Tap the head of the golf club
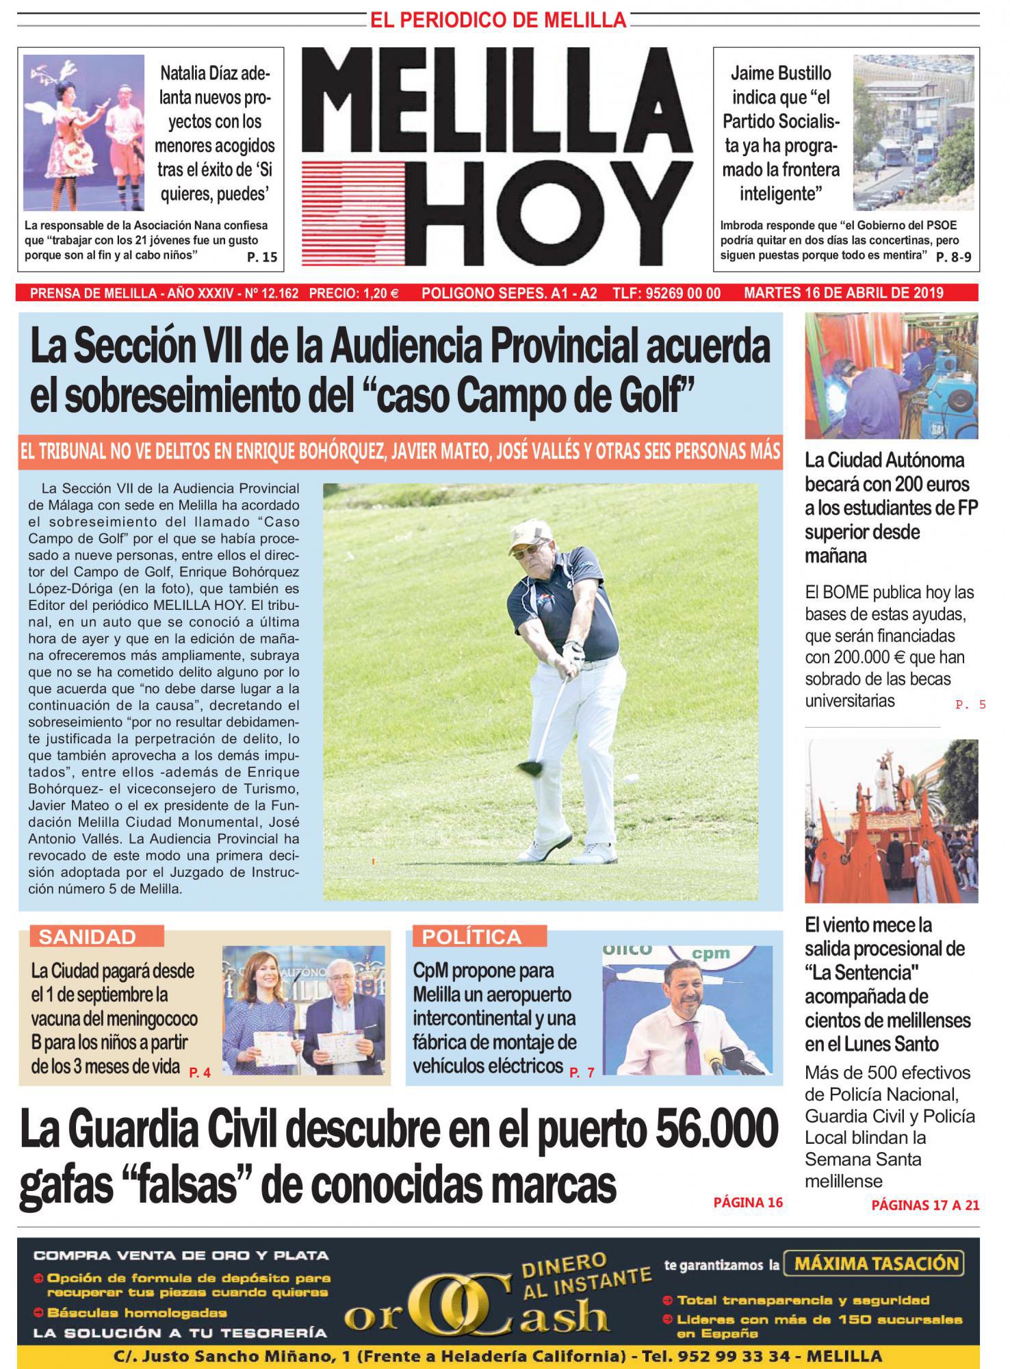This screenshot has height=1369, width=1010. pyautogui.click(x=528, y=767)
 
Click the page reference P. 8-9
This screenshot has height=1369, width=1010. pyautogui.click(x=953, y=257)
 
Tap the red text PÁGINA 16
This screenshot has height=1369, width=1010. pyautogui.click(x=747, y=1202)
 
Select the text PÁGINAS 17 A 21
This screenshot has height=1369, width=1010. pyautogui.click(x=925, y=1205)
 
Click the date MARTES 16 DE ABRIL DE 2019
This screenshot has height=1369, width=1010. pyautogui.click(x=844, y=293)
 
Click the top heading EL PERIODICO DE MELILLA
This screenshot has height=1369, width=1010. pyautogui.click(x=498, y=21)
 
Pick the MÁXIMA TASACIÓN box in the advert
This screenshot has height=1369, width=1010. pyautogui.click(x=875, y=1263)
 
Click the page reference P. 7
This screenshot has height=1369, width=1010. pyautogui.click(x=582, y=1073)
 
